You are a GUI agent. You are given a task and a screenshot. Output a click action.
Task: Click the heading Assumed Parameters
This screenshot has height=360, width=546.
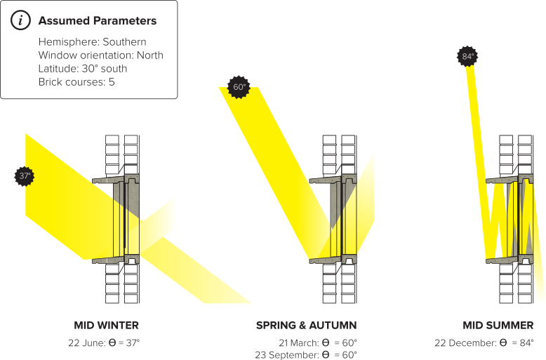coord(97,20)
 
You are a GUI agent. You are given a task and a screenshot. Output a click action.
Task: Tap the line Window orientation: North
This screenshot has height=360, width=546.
coord(101,55)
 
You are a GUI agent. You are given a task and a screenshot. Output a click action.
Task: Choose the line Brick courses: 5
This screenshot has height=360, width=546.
coord(76,82)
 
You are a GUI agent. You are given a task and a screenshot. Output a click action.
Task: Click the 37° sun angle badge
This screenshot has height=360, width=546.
coord(25,176)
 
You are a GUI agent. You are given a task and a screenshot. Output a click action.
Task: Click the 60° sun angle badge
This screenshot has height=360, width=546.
coord(239,88)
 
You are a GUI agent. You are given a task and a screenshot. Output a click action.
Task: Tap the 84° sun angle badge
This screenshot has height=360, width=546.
coord(468,56)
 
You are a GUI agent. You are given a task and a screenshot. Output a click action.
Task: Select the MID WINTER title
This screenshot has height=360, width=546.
coord(107,326)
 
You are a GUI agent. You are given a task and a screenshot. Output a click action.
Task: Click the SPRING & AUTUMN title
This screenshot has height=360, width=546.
coord(306,326)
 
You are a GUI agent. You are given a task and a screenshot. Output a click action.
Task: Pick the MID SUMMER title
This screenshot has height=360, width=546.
coord(498,326)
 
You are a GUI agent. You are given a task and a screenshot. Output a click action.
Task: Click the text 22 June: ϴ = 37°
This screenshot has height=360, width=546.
coord(105,342)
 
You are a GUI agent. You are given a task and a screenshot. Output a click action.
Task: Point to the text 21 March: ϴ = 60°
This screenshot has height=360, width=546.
coord(318,342)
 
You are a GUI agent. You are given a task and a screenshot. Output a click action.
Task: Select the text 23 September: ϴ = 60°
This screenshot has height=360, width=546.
coord(306,354)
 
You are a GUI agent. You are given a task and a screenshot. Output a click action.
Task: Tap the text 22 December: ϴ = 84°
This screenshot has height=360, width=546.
coord(485,342)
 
